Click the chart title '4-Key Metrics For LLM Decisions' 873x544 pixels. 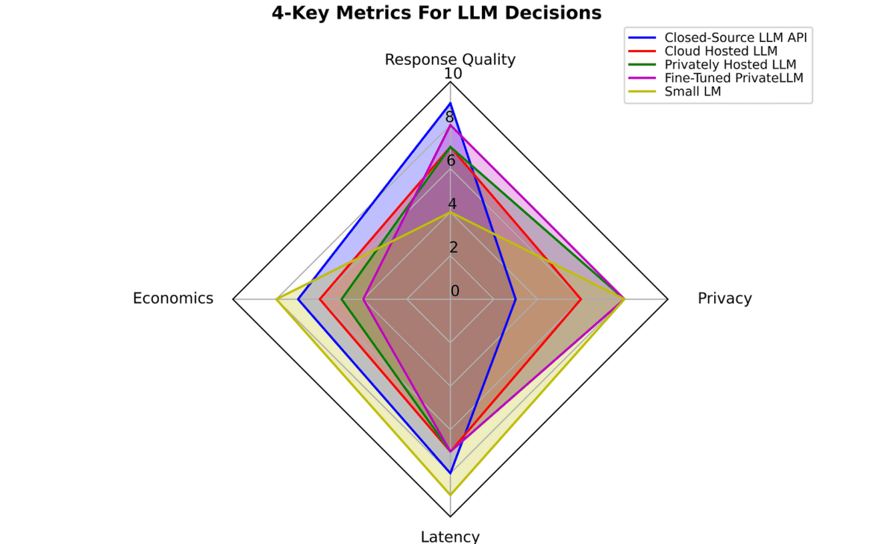pyautogui.click(x=436, y=13)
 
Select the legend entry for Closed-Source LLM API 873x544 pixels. pyautogui.click(x=736, y=37)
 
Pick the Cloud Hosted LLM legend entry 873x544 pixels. pyautogui.click(x=721, y=51)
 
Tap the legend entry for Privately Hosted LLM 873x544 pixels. pyautogui.click(x=730, y=65)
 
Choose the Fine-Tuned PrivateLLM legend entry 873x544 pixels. pyautogui.click(x=733, y=78)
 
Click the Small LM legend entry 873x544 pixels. pyautogui.click(x=692, y=92)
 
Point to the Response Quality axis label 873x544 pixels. pyautogui.click(x=450, y=60)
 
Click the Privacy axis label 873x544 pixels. pyautogui.click(x=725, y=298)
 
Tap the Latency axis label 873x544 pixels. pyautogui.click(x=450, y=536)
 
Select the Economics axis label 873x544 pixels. pyautogui.click(x=173, y=298)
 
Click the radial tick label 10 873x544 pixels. pyautogui.click(x=453, y=74)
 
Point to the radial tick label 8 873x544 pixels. pyautogui.click(x=450, y=117)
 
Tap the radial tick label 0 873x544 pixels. pyautogui.click(x=455, y=291)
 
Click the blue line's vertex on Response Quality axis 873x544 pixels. pyautogui.click(x=450, y=103)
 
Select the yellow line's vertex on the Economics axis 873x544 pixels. pyautogui.click(x=276, y=299)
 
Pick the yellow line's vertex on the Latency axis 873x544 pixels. pyautogui.click(x=450, y=494)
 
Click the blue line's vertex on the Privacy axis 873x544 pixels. pyautogui.click(x=516, y=299)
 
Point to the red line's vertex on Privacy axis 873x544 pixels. pyautogui.click(x=581, y=299)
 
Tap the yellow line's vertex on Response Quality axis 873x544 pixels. pyautogui.click(x=450, y=212)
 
